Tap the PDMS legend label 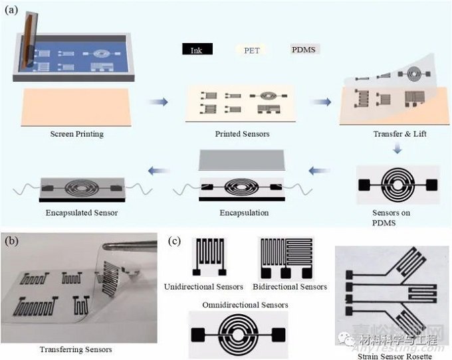pos(306,49)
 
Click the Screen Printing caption pos(76,134)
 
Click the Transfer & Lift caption pos(397,134)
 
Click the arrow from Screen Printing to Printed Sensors pos(158,102)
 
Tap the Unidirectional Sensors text pos(203,286)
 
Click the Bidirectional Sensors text pos(292,286)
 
